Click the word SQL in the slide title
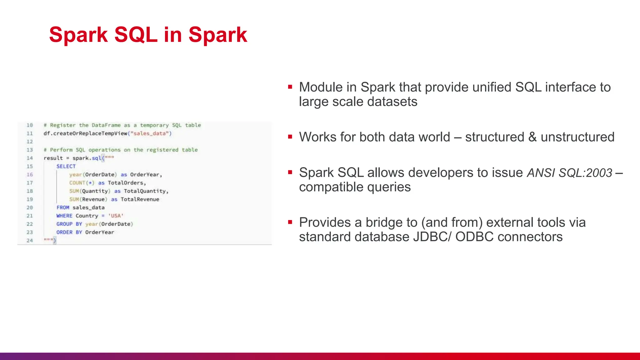point(136,34)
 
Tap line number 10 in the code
point(30,125)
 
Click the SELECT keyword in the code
point(66,166)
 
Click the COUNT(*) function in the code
point(82,183)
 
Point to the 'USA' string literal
point(116,216)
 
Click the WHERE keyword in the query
point(64,216)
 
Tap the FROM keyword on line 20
point(63,207)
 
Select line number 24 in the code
point(30,240)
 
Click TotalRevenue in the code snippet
point(140,199)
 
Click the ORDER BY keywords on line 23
point(69,232)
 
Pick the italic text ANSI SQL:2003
point(569,173)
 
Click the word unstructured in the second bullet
point(577,137)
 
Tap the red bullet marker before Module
point(290,87)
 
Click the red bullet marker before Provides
point(290,222)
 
